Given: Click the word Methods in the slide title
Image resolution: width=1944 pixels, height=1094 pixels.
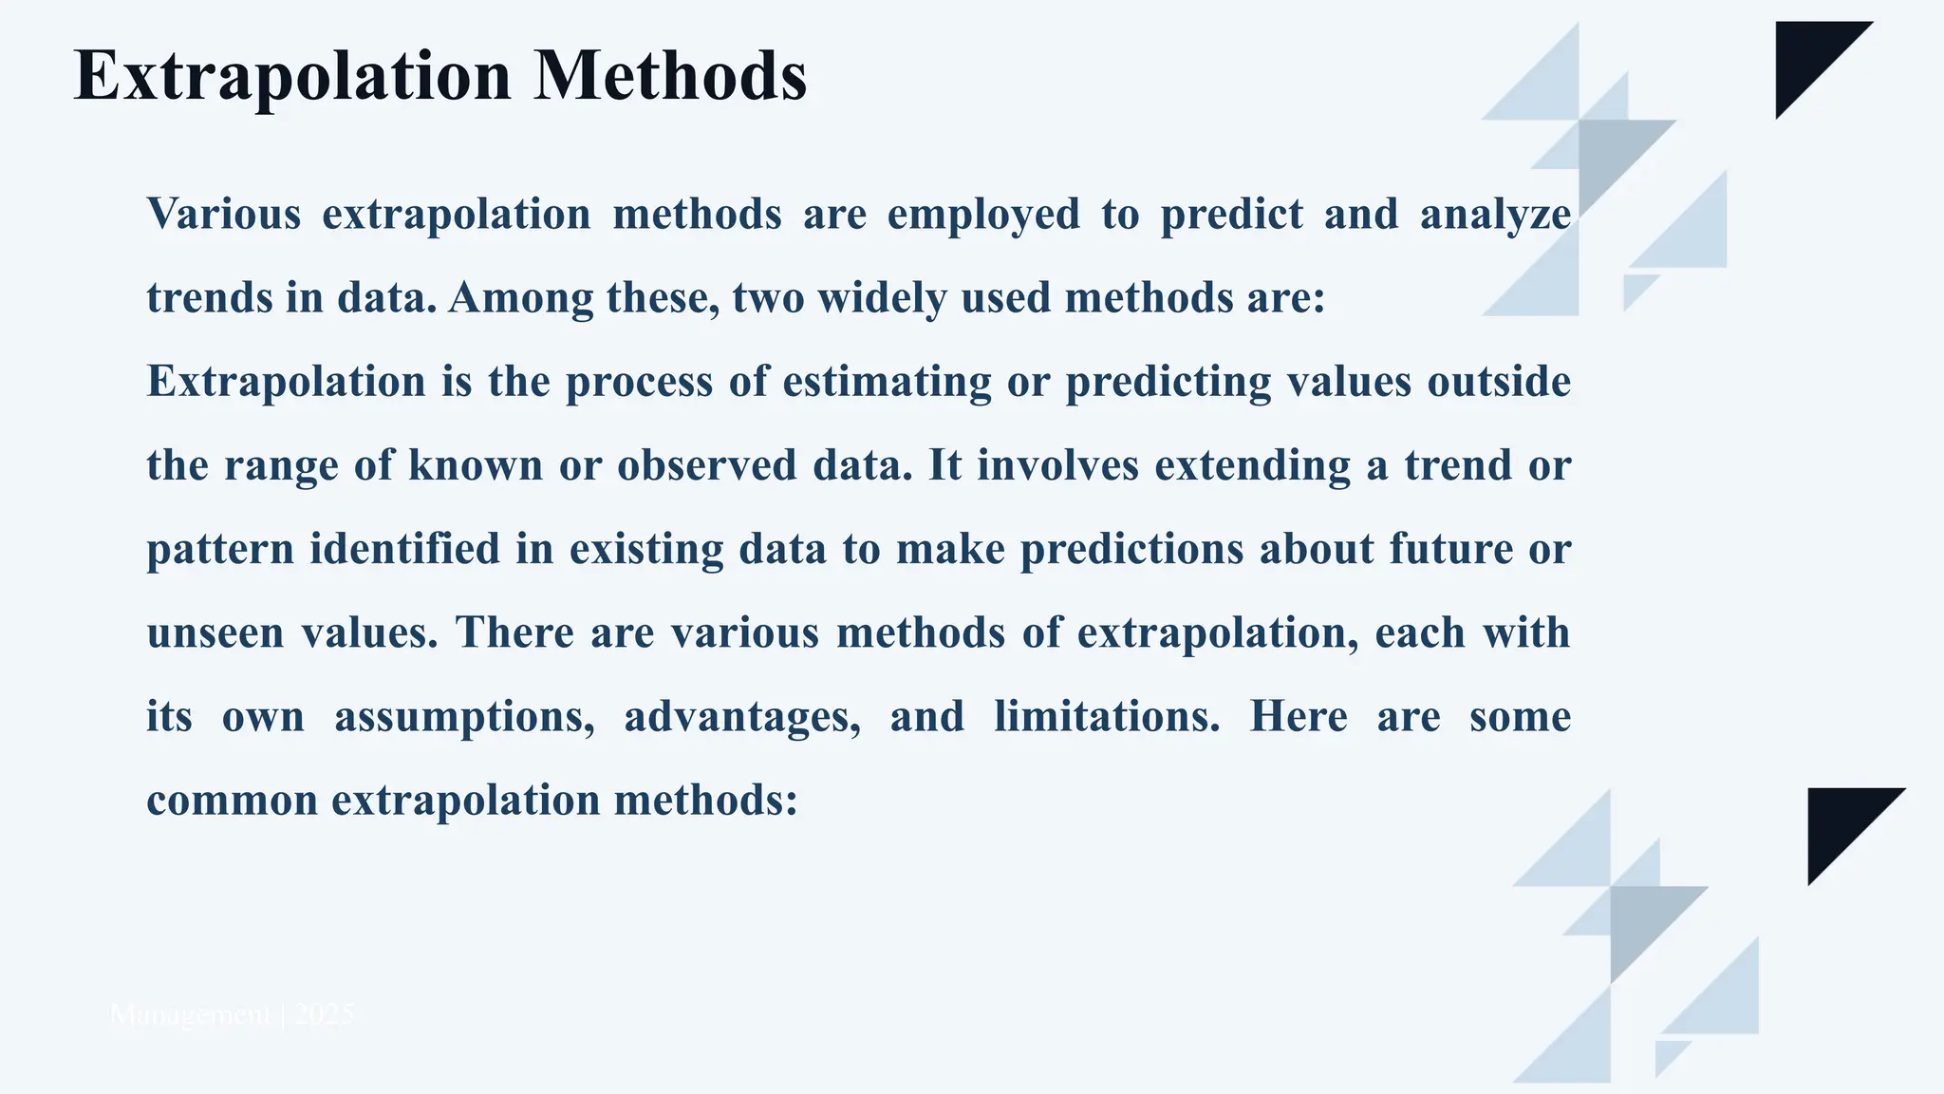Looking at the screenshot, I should (x=669, y=76).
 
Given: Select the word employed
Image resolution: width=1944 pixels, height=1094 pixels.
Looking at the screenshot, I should (x=983, y=215).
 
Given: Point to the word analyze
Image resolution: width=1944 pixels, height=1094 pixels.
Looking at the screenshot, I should (x=1495, y=215).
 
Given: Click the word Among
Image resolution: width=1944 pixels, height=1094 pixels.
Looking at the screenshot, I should (x=519, y=298).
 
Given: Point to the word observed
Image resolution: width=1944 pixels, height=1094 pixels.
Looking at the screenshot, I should (x=706, y=465).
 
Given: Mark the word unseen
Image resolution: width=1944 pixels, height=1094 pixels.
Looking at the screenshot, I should (x=215, y=632).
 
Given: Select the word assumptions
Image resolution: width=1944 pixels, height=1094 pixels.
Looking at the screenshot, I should (x=464, y=716).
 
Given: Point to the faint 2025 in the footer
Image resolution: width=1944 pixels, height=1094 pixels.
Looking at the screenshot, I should (x=325, y=1015).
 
